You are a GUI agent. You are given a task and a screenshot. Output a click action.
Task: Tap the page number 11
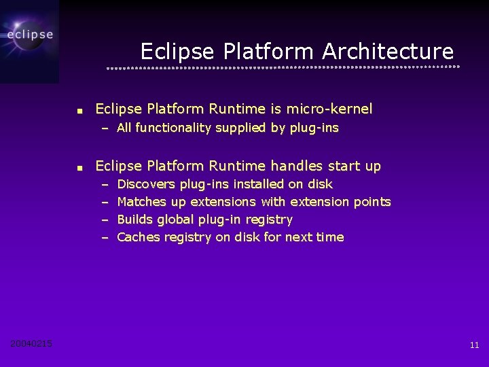(474, 345)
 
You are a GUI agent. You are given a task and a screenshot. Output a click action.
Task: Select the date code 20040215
(31, 344)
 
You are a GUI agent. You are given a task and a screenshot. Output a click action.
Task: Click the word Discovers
(146, 184)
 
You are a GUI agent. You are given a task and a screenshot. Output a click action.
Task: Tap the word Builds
(134, 220)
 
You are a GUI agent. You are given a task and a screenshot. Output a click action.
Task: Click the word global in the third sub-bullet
(176, 220)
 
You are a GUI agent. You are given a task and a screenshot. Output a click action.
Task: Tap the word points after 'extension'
(372, 202)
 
